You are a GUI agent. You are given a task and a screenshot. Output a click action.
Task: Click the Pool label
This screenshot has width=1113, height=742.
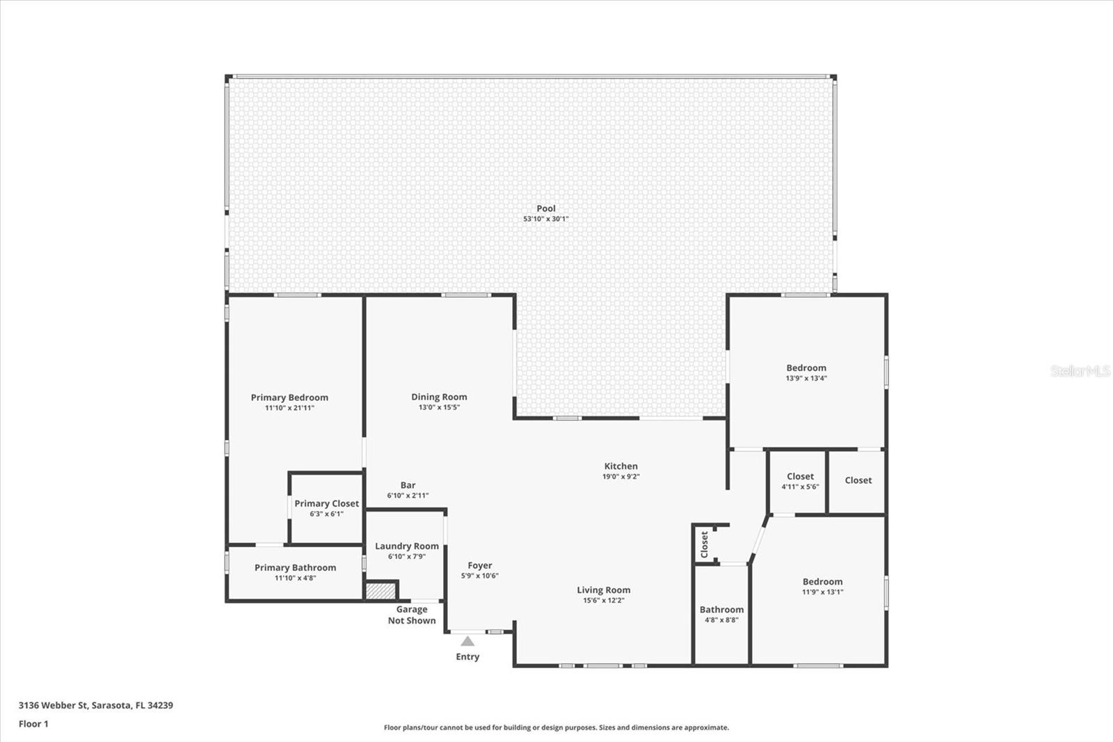(x=546, y=209)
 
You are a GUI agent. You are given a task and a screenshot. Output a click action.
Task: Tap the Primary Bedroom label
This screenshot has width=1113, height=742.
(x=289, y=397)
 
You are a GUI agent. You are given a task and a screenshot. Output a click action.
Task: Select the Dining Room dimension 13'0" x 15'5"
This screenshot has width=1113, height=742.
(x=439, y=408)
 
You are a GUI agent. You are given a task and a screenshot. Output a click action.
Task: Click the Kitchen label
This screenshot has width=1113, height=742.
(x=620, y=466)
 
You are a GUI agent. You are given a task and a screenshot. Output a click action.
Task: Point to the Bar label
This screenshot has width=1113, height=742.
(x=408, y=485)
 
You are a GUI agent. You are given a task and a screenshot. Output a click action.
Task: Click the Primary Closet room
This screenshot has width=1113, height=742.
(x=326, y=508)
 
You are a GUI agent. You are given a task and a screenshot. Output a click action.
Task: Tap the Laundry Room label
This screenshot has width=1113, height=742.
(x=407, y=546)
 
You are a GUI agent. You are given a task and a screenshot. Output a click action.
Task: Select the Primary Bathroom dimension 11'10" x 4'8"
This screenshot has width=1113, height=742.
(x=295, y=578)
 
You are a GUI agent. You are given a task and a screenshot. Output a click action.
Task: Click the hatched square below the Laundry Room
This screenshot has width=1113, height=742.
(x=381, y=590)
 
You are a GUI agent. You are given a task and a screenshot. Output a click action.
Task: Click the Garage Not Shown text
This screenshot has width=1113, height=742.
(x=412, y=615)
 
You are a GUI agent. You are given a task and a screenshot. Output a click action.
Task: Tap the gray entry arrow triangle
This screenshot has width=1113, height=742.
(x=467, y=641)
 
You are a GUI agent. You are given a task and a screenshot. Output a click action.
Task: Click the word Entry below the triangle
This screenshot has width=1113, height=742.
(x=467, y=657)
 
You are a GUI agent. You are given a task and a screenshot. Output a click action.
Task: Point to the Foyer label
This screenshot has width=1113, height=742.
(x=479, y=566)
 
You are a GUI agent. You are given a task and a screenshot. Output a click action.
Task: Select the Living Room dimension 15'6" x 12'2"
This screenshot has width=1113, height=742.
(x=603, y=601)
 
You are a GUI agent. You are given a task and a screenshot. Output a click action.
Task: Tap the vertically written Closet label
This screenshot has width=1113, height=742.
(x=704, y=544)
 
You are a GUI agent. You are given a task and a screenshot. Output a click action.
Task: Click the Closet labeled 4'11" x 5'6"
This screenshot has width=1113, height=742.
(x=800, y=481)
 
